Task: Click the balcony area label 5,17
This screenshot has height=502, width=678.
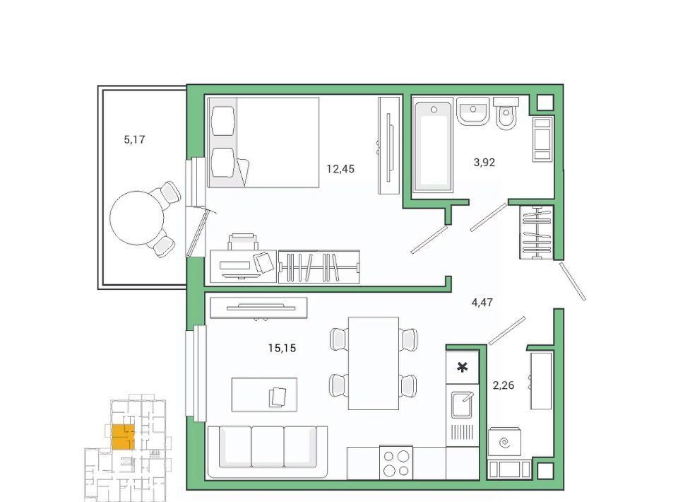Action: pyautogui.click(x=134, y=140)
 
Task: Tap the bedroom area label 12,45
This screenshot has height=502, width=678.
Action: pyautogui.click(x=340, y=169)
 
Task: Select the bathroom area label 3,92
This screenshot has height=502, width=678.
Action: pyautogui.click(x=484, y=163)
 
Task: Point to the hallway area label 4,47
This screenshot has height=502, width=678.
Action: pyautogui.click(x=482, y=302)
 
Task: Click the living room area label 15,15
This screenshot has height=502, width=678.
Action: pyautogui.click(x=282, y=348)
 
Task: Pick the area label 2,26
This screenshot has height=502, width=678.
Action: pyautogui.click(x=504, y=385)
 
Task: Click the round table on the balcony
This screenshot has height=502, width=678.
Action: pyautogui.click(x=137, y=218)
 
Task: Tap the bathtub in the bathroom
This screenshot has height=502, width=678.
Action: pyautogui.click(x=433, y=144)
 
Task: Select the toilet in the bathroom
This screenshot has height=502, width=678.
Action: pyautogui.click(x=506, y=113)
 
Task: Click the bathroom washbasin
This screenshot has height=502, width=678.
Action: pyautogui.click(x=472, y=111)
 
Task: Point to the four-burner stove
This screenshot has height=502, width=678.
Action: pyautogui.click(x=396, y=462)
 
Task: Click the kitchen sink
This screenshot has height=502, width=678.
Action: pyautogui.click(x=462, y=404)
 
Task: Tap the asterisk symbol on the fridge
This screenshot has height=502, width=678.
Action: pyautogui.click(x=462, y=368)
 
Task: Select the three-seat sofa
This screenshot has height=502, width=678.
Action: pyautogui.click(x=267, y=452)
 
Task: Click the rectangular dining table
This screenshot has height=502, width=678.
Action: pyautogui.click(x=374, y=363)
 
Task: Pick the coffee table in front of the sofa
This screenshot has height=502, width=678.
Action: pyautogui.click(x=264, y=395)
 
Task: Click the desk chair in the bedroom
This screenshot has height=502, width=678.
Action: pyautogui.click(x=242, y=242)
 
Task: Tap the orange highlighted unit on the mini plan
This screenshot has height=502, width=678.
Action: pyautogui.click(x=123, y=437)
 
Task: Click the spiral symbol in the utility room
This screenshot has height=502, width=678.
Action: pyautogui.click(x=504, y=443)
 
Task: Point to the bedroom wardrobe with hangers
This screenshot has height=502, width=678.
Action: pyautogui.click(x=319, y=267)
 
